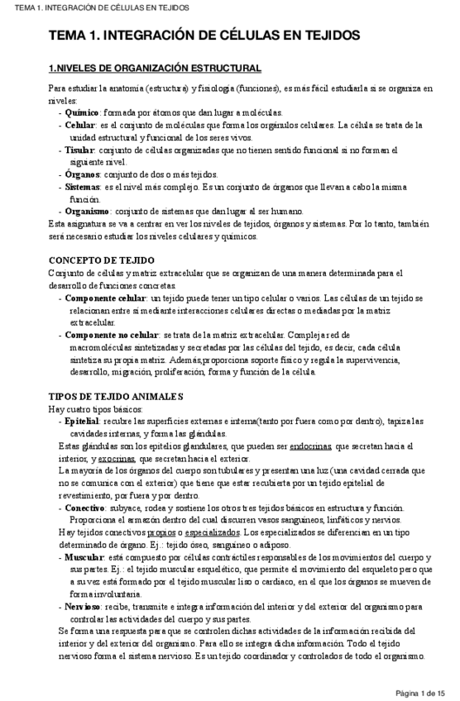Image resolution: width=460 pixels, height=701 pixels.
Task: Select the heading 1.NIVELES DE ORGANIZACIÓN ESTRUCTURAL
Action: point(155,67)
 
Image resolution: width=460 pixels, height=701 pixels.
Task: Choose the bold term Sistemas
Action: point(84,187)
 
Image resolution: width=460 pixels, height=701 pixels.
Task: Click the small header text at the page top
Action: point(95,7)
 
